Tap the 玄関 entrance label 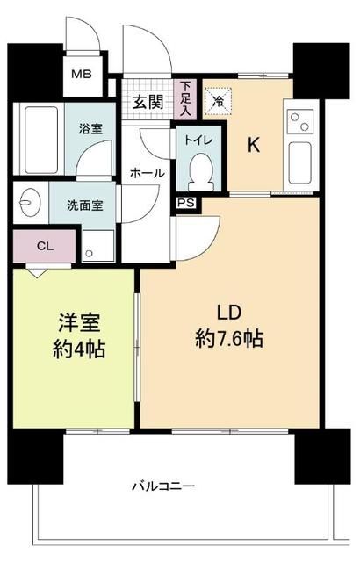148,101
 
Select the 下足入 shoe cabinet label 185,98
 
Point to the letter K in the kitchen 252,146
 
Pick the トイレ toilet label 198,138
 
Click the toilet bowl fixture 199,169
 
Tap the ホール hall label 147,173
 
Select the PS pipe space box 185,203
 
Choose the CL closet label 44,247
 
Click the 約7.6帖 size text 229,336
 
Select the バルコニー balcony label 163,486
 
